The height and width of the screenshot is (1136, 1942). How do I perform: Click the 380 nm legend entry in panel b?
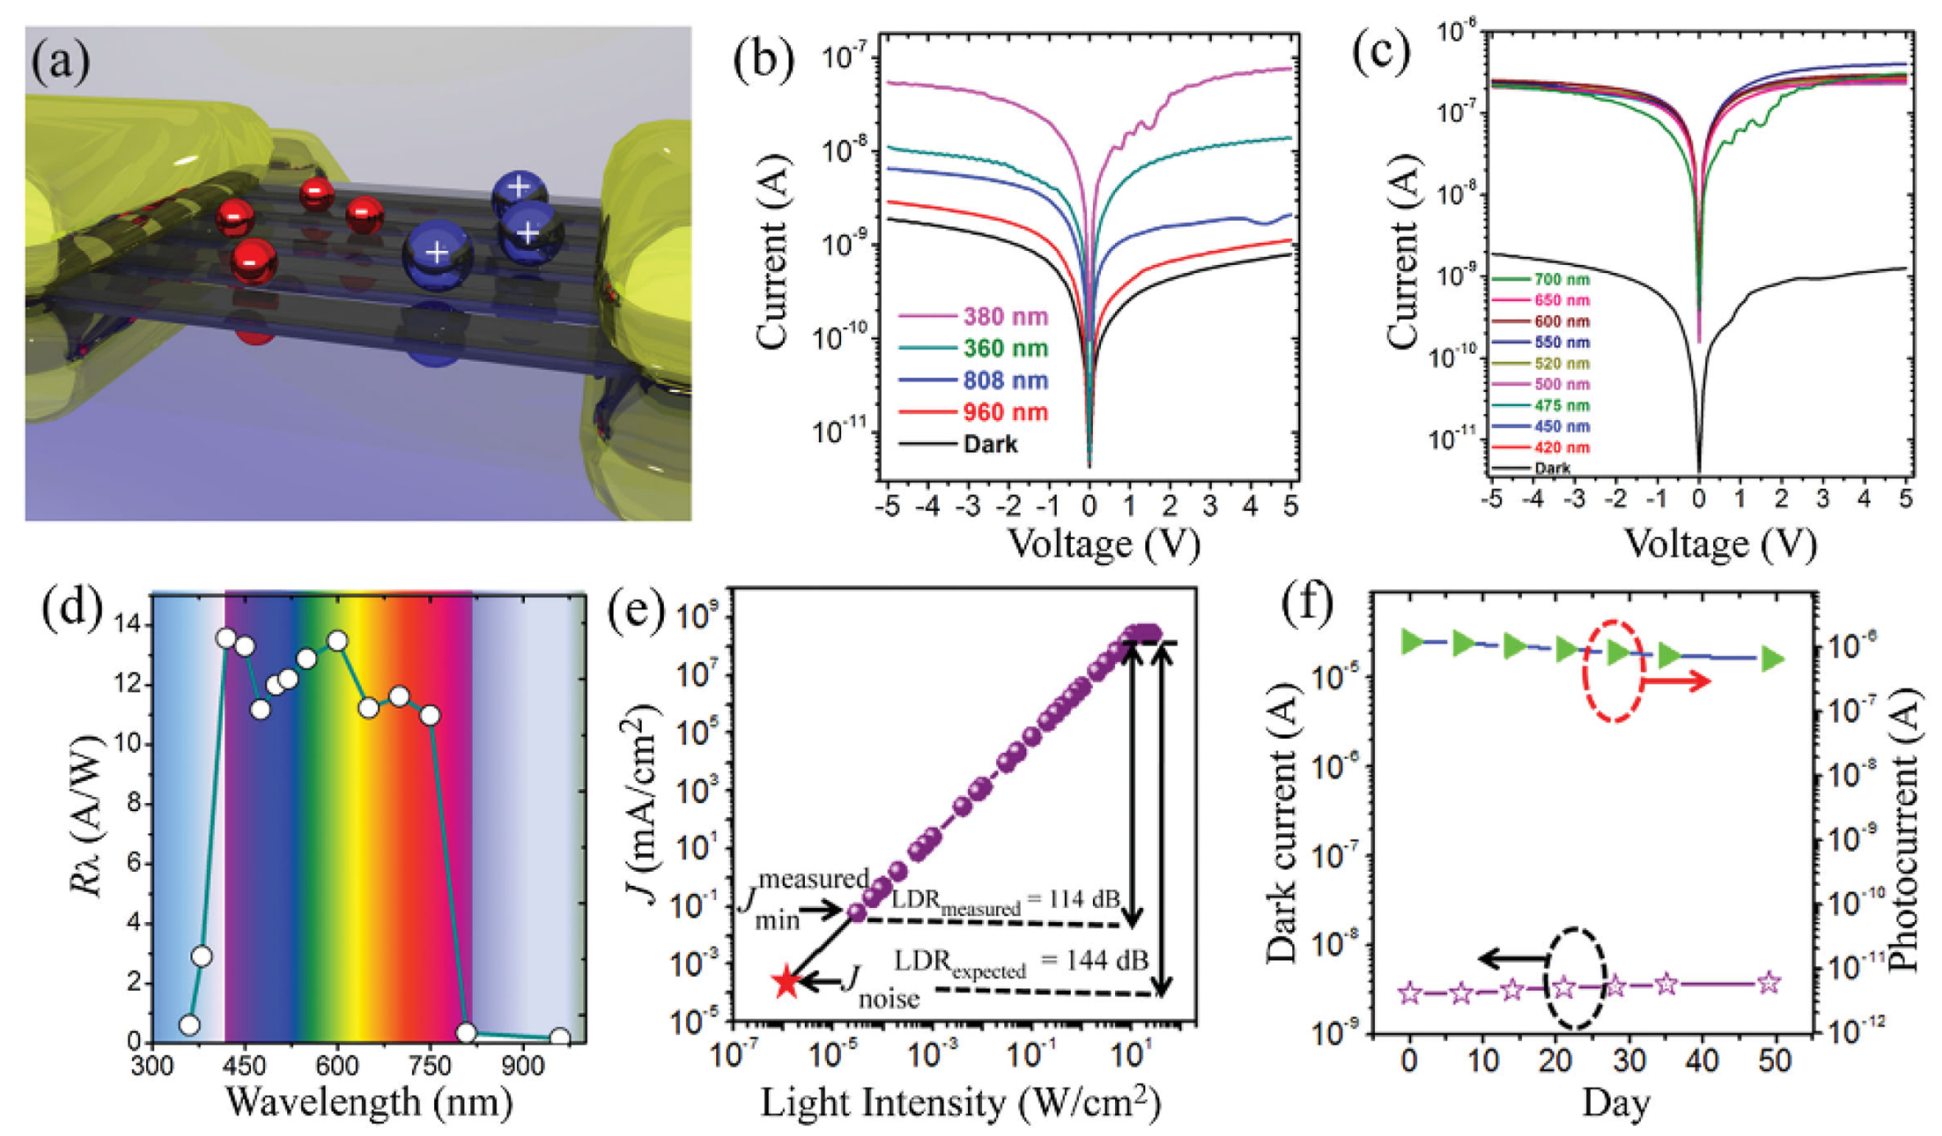974,316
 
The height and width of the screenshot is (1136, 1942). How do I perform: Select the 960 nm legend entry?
974,412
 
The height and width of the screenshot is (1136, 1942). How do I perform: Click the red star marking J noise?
786,982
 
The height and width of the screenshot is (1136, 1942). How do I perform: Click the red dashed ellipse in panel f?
1613,671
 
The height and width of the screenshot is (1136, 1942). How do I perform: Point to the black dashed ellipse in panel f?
1574,978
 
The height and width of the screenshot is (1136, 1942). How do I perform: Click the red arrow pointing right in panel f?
1678,681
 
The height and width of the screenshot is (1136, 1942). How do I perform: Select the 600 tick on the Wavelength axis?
337,1066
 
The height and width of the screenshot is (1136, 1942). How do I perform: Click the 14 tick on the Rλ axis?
129,626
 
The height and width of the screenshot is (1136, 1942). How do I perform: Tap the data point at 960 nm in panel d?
560,1038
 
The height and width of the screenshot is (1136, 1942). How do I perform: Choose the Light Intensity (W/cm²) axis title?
960,1103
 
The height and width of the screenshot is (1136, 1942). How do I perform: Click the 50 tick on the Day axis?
1774,1061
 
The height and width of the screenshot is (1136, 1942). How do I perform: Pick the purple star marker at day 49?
1770,983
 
